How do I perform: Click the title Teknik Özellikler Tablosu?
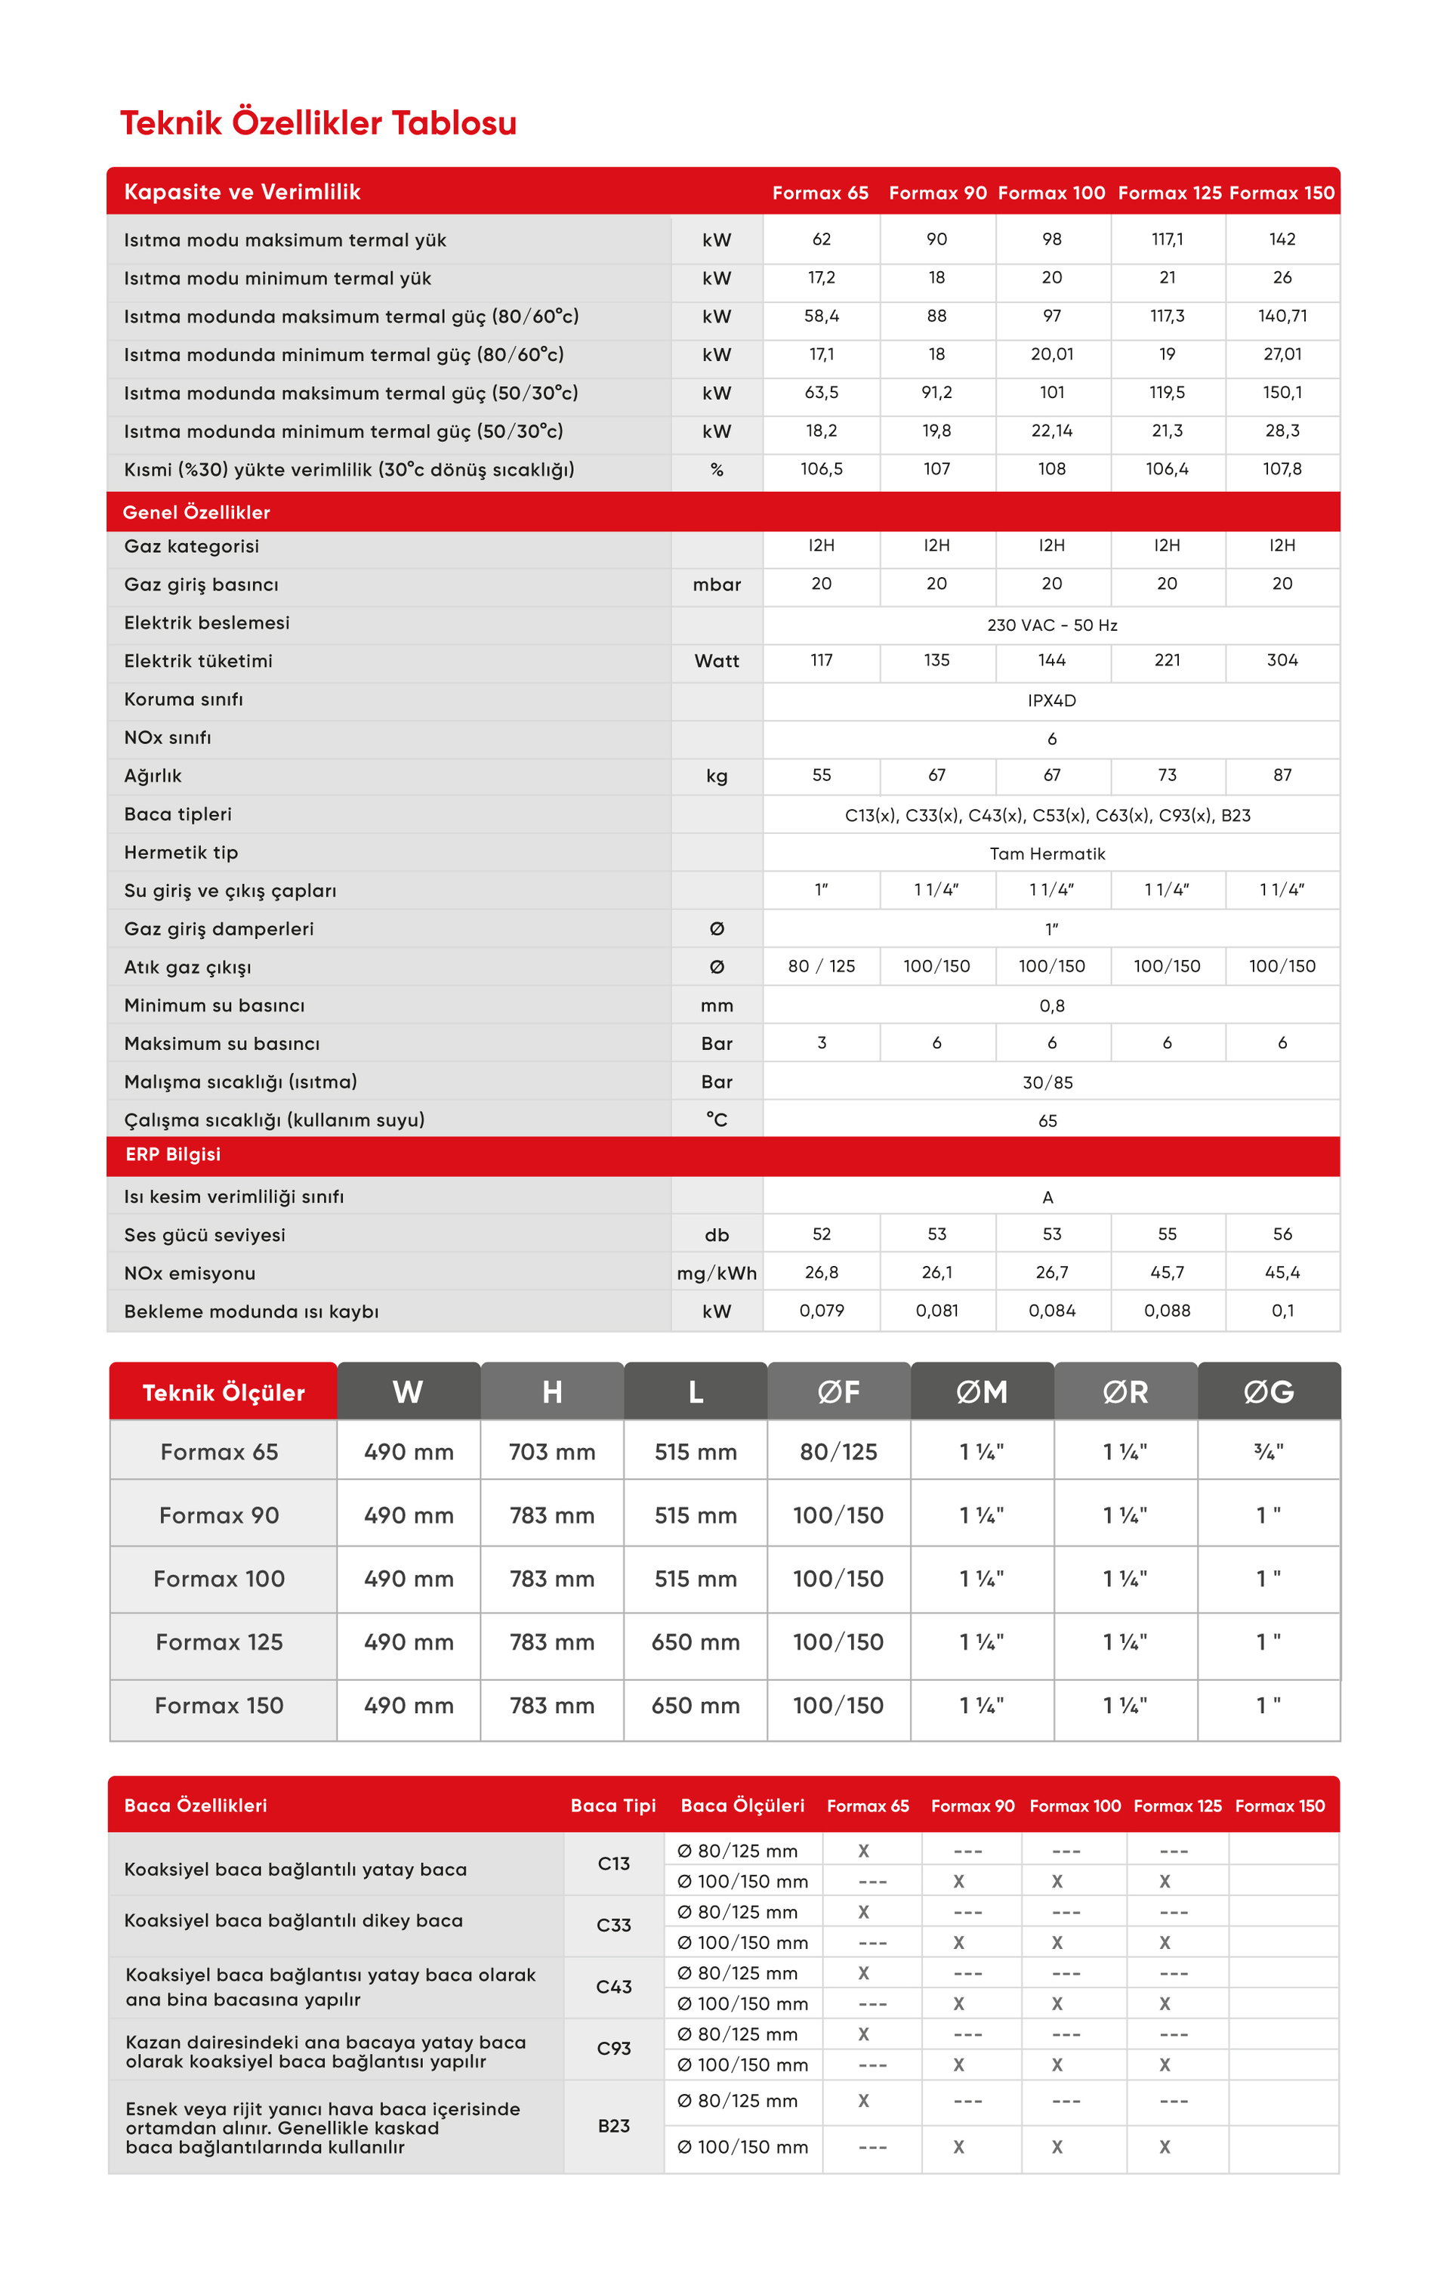(x=318, y=123)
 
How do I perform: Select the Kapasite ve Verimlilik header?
(x=242, y=192)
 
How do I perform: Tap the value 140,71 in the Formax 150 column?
(x=1282, y=316)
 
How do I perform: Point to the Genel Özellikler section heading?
(x=196, y=512)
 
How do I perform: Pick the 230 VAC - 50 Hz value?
(x=1051, y=625)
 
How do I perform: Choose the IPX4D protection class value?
(x=1051, y=700)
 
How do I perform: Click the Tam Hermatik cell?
(x=1047, y=854)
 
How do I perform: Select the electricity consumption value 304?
(x=1282, y=659)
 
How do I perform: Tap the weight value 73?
(x=1167, y=775)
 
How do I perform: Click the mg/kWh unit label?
(x=717, y=1273)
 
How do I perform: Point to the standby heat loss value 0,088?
(x=1167, y=1310)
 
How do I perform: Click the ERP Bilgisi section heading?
(x=173, y=1154)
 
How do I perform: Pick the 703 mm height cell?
(x=552, y=1452)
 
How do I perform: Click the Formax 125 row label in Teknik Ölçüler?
(x=219, y=1641)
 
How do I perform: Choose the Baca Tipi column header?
(x=612, y=1805)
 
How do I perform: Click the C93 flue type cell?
(x=613, y=2048)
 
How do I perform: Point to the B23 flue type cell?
(x=613, y=2126)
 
